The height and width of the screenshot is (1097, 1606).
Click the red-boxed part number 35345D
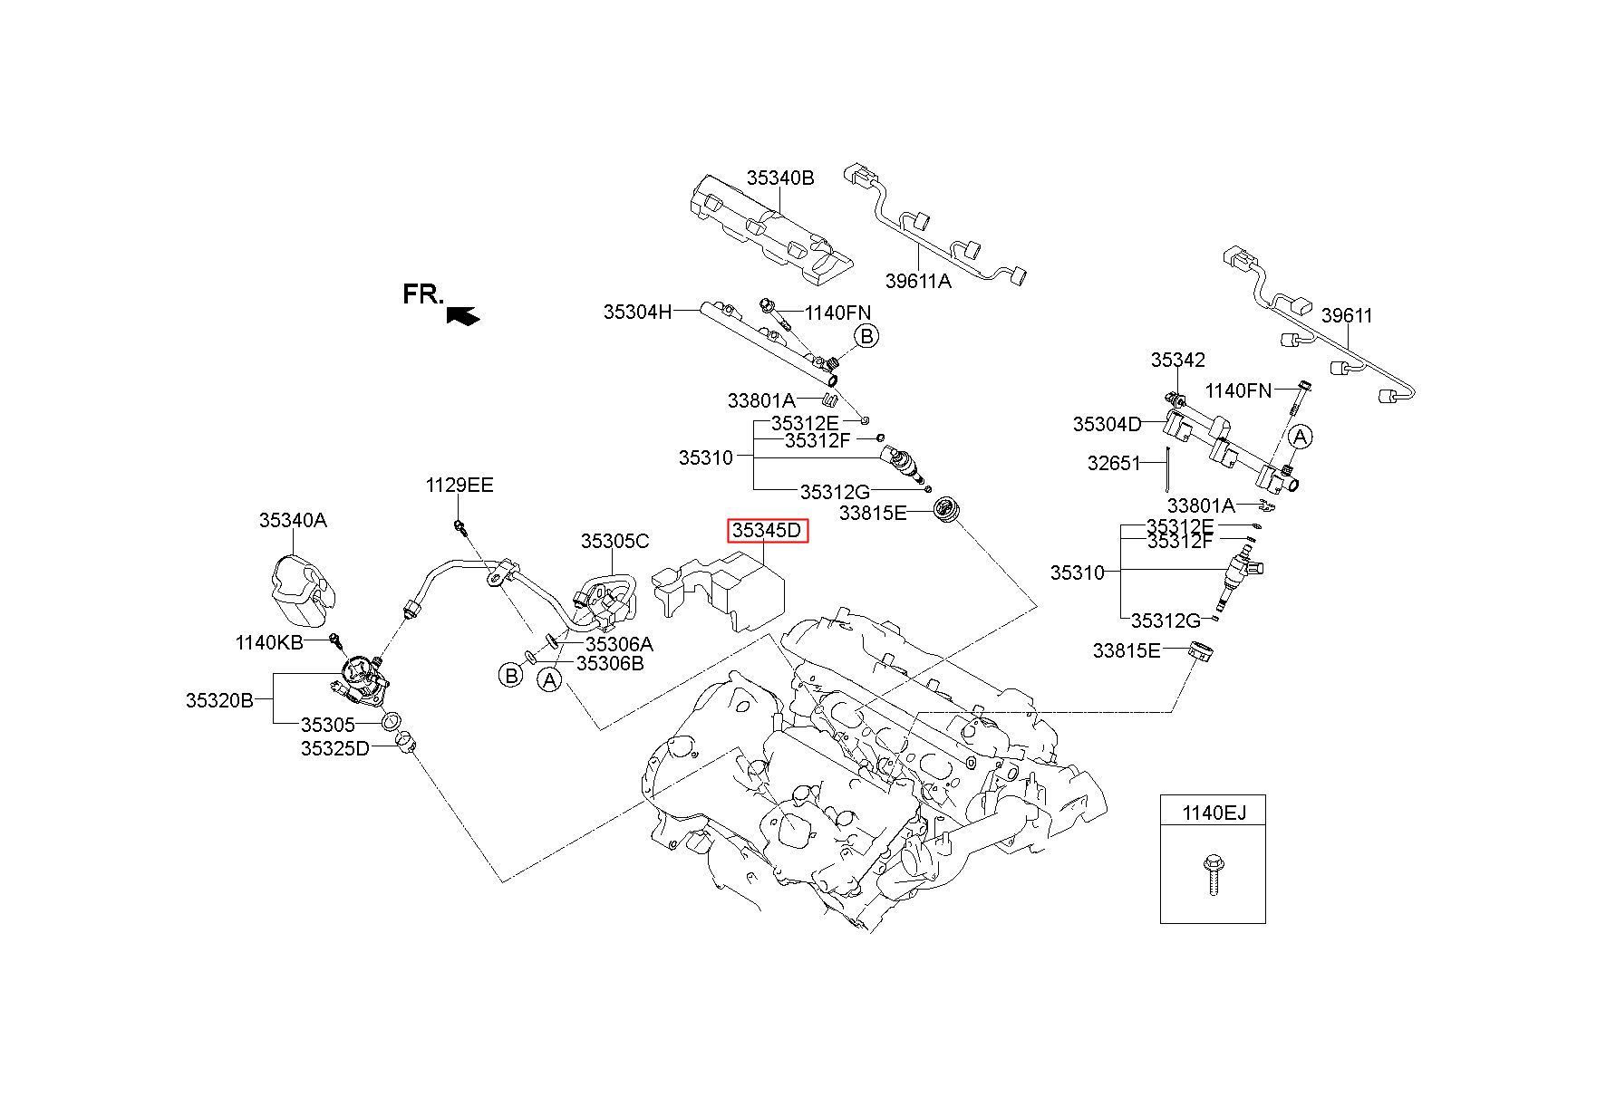pos(767,530)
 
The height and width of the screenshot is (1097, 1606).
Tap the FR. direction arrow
pos(463,314)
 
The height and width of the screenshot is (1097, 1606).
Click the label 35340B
pos(780,178)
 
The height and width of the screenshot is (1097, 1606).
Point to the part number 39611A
pos(918,281)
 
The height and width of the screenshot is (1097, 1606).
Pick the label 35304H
pos(638,313)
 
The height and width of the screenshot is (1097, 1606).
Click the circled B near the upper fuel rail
pos(866,337)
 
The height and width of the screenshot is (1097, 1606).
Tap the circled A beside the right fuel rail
pos(1300,437)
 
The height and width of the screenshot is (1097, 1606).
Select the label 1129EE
pos(460,486)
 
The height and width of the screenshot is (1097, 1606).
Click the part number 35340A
pos(293,520)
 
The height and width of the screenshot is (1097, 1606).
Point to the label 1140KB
pos(269,642)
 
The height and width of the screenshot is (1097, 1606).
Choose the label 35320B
pos(220,700)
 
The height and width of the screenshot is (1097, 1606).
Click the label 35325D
pos(335,748)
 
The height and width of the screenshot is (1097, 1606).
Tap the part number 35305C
pos(614,542)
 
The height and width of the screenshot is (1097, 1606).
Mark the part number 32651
pos(1114,464)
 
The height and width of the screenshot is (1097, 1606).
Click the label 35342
pos(1178,360)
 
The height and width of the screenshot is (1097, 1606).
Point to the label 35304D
pos(1108,424)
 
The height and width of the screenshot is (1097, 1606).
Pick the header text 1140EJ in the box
pos(1214,813)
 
